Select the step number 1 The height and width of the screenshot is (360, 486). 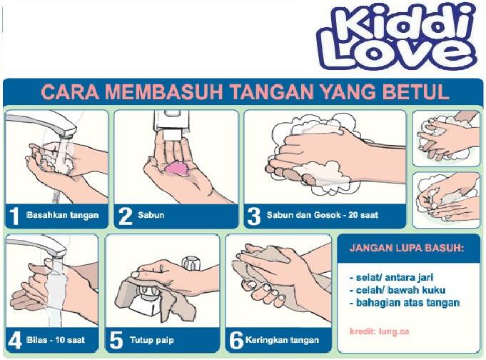14,216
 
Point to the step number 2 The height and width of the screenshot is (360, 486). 126,216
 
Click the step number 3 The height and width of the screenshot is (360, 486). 254,216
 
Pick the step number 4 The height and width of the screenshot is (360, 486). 14,341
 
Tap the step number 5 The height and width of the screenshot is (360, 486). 116,341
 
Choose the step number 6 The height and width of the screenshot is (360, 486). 236,341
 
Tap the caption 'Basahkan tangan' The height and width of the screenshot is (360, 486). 63,215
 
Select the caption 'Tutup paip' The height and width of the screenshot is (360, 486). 152,340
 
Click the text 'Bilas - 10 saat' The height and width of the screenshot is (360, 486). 56,339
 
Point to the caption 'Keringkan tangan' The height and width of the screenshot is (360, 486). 282,340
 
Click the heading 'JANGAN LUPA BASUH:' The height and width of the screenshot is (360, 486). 407,248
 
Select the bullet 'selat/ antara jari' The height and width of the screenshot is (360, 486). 392,277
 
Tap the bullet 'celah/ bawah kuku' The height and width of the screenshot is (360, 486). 398,290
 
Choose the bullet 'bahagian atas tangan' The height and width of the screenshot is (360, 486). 405,302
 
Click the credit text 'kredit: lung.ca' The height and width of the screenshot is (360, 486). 380,331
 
